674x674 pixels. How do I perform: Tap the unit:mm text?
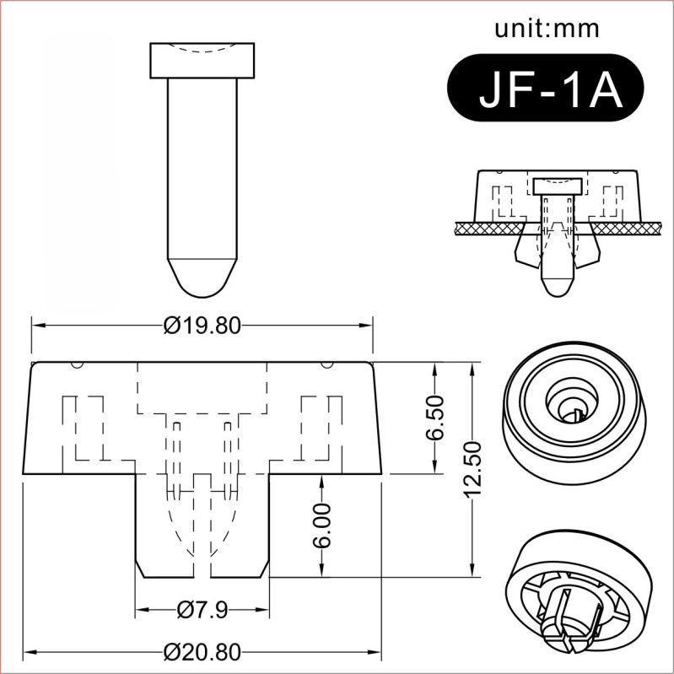pyautogui.click(x=547, y=29)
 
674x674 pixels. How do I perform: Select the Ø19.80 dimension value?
pyautogui.click(x=202, y=325)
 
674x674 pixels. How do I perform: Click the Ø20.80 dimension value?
pyautogui.click(x=202, y=651)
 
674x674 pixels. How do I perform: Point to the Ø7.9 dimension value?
pyautogui.click(x=202, y=609)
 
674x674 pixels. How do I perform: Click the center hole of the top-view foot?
pyautogui.click(x=571, y=406)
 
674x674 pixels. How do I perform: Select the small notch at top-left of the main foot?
pyautogui.click(x=76, y=365)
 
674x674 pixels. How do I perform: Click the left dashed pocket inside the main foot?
pyautogui.click(x=85, y=426)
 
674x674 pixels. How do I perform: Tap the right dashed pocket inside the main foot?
pyautogui.click(x=321, y=426)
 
